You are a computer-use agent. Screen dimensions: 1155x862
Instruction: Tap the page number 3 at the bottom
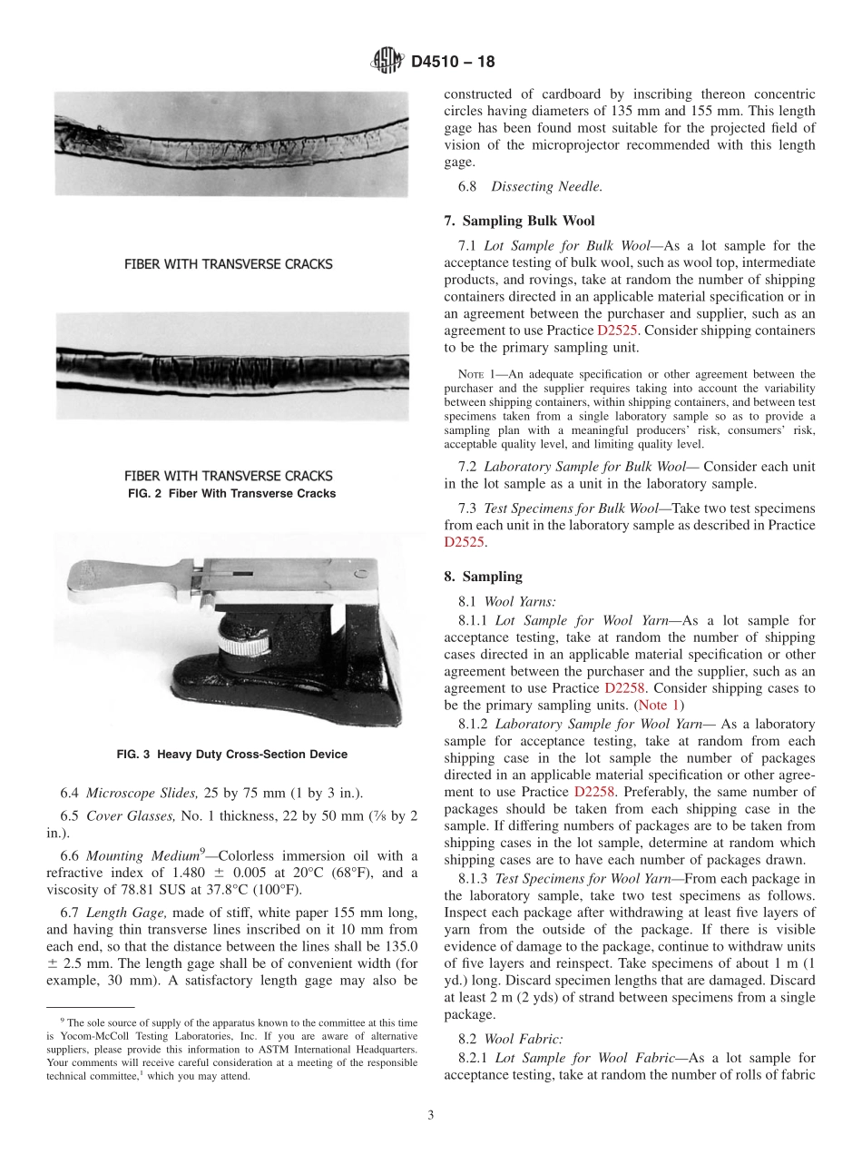click(x=431, y=1115)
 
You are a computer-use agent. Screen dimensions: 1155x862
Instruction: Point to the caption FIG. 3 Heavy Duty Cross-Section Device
click(x=231, y=755)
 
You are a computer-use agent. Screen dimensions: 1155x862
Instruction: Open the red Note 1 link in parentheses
click(x=659, y=705)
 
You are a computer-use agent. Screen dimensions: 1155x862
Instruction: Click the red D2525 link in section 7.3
click(x=465, y=542)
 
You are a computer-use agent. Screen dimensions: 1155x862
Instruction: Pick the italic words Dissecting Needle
click(x=546, y=186)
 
